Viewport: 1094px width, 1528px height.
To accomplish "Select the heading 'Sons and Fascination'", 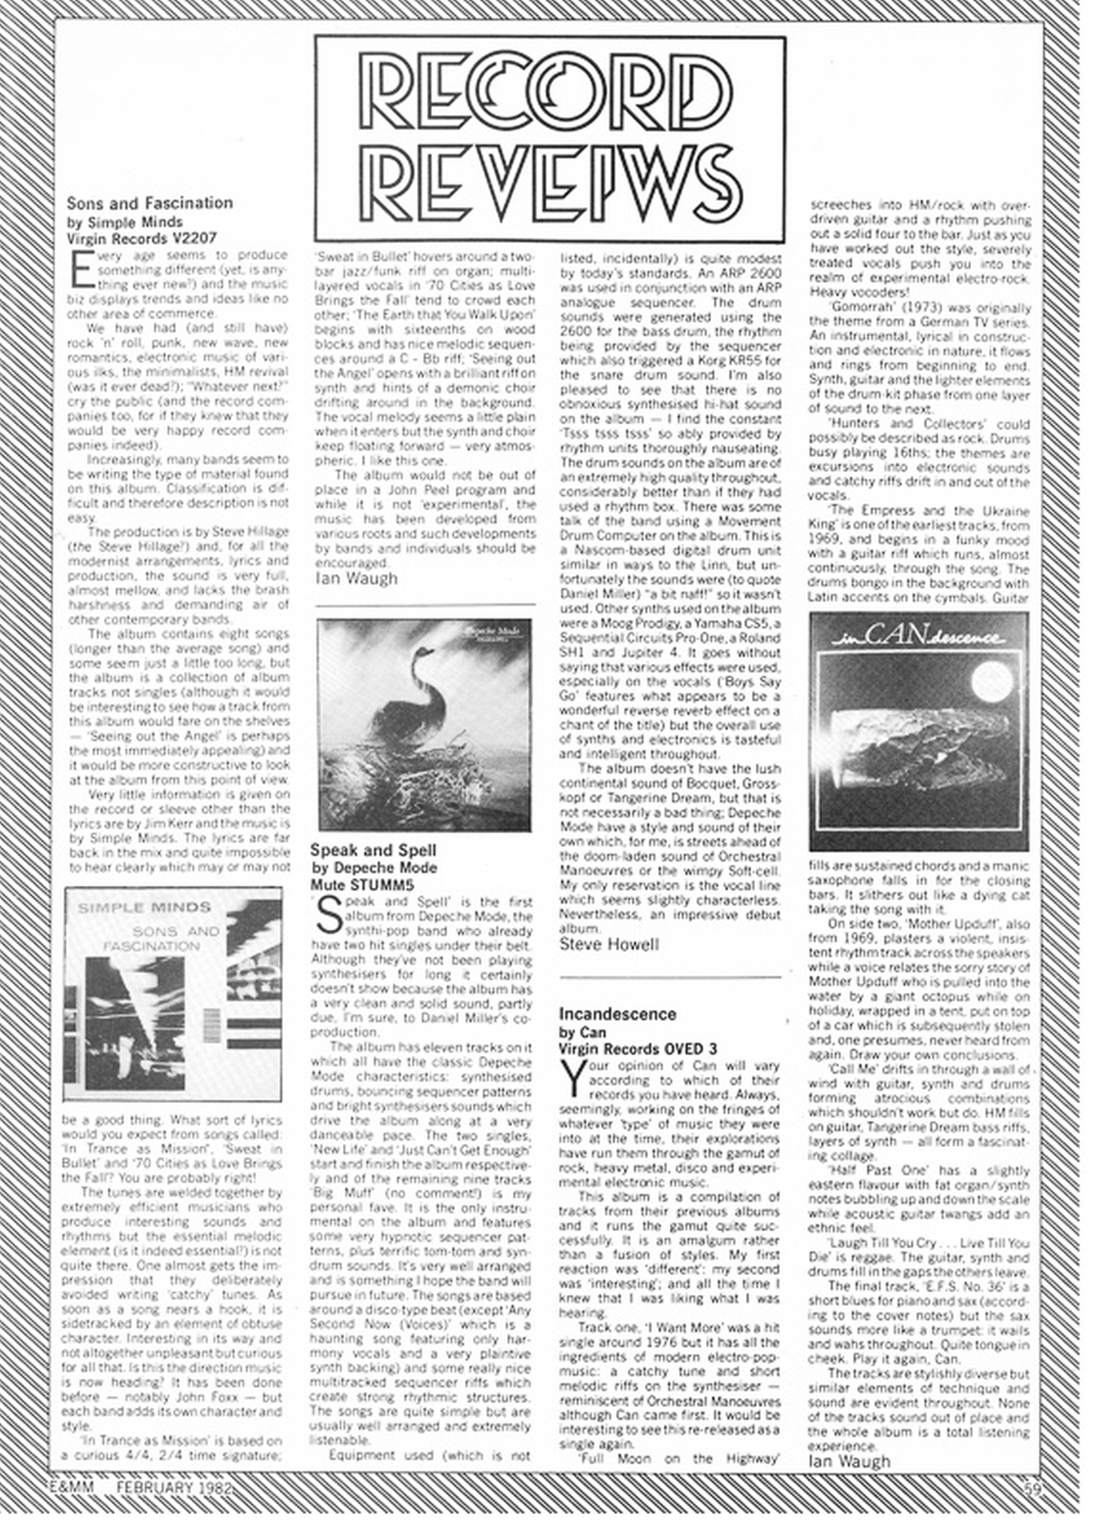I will pos(150,203).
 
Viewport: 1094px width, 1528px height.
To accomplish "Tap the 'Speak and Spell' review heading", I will pos(373,850).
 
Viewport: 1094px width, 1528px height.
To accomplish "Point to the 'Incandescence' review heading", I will pos(617,1014).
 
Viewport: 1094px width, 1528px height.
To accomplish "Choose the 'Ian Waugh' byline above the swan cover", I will pos(356,578).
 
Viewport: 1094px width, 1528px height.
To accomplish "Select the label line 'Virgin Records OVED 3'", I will pos(638,1048).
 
